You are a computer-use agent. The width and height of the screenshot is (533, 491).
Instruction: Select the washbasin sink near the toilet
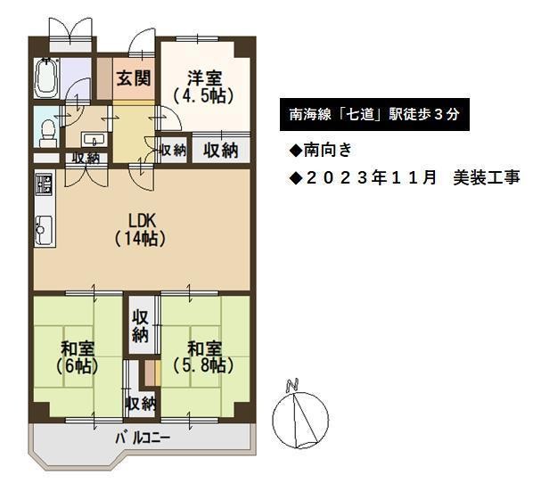(x=93, y=140)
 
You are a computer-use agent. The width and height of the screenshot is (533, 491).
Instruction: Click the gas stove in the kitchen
(x=45, y=184)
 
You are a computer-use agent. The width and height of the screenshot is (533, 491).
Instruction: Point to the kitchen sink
(x=45, y=229)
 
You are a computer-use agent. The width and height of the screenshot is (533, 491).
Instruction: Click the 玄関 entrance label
(x=134, y=78)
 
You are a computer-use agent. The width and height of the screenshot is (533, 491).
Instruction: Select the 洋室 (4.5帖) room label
(x=203, y=87)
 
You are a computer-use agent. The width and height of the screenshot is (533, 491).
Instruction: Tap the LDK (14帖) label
(x=141, y=230)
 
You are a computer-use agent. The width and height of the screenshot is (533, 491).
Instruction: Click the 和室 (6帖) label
(x=78, y=357)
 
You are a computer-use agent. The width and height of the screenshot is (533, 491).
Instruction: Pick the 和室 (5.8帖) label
(x=203, y=357)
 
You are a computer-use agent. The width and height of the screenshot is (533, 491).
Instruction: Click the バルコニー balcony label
(x=143, y=438)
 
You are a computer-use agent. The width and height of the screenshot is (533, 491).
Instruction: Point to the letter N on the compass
(x=292, y=384)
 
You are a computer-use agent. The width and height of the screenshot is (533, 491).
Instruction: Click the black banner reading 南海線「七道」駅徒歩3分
(x=374, y=115)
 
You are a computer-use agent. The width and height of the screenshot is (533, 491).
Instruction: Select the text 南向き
(x=327, y=150)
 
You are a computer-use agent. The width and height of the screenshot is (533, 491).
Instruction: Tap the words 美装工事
(x=487, y=177)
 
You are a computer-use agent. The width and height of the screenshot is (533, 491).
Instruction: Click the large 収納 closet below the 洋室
(x=221, y=151)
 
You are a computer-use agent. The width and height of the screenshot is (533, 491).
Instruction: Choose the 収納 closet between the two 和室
(x=141, y=326)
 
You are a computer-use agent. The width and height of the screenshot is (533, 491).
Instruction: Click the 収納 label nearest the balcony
(x=141, y=404)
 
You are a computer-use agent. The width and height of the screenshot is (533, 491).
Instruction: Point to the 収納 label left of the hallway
(x=86, y=158)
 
